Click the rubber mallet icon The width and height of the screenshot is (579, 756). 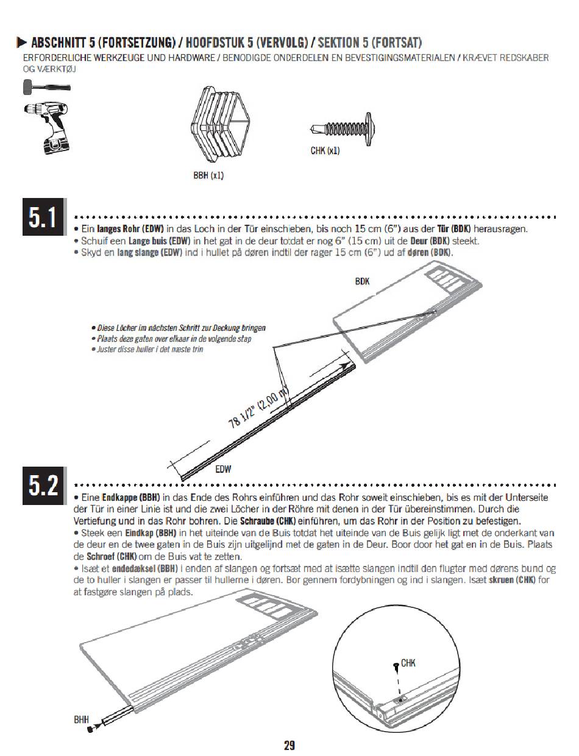click(47, 87)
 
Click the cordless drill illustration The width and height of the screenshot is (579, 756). click(48, 128)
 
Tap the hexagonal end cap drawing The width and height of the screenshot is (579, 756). click(220, 124)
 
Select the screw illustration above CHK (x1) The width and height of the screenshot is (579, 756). click(343, 129)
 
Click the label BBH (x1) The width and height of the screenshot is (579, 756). click(208, 175)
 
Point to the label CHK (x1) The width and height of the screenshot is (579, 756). click(325, 150)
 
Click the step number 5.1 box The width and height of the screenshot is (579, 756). click(43, 217)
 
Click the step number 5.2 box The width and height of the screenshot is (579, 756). click(43, 485)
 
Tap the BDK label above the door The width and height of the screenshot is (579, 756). click(362, 281)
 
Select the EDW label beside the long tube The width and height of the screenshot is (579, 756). click(223, 469)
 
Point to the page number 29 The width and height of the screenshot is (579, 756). click(289, 745)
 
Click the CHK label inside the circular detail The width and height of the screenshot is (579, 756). click(408, 663)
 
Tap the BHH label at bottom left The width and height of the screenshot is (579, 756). click(82, 719)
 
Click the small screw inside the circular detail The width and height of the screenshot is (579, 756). click(396, 666)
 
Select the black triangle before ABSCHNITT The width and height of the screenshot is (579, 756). click(21, 43)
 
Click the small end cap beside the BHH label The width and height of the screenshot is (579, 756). click(91, 729)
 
